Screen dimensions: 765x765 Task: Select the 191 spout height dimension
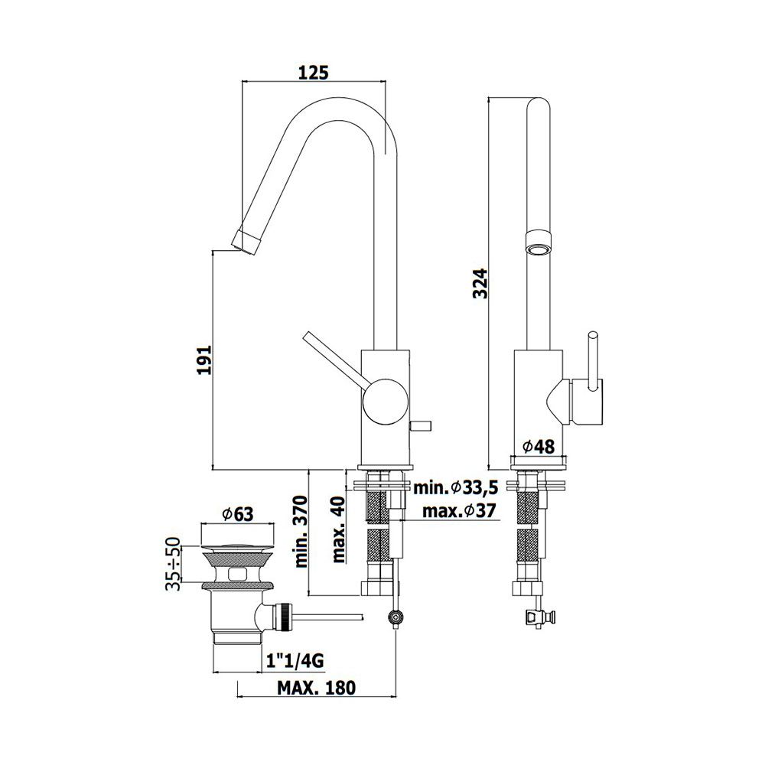tap(204, 360)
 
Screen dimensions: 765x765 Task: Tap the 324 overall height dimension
tap(480, 283)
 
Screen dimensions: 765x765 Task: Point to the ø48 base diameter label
tap(538, 446)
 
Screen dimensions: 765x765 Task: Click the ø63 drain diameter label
tap(238, 514)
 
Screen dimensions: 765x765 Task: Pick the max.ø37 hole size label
tap(458, 511)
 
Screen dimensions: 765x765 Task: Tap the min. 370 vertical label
tap(302, 532)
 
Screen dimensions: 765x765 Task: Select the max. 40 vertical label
tap(338, 529)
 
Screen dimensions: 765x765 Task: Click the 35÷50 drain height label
tap(173, 564)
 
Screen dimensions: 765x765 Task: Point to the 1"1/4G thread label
tap(295, 661)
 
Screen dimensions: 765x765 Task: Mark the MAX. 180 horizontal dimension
tap(317, 688)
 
